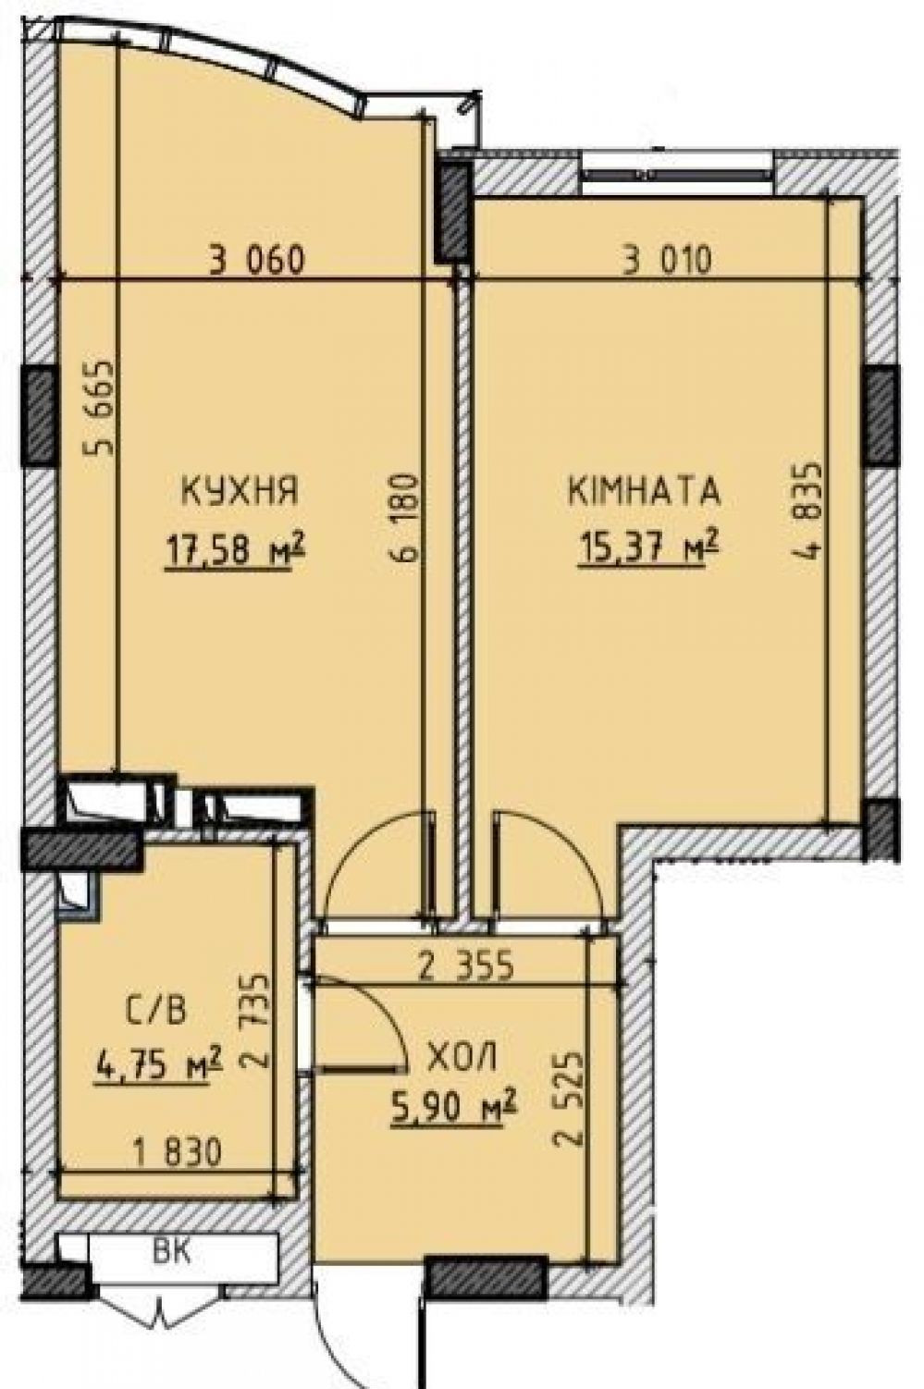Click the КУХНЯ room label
click(x=240, y=490)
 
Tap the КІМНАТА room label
click(x=644, y=490)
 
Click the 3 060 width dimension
click(x=257, y=260)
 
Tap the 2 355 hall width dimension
click(x=466, y=965)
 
